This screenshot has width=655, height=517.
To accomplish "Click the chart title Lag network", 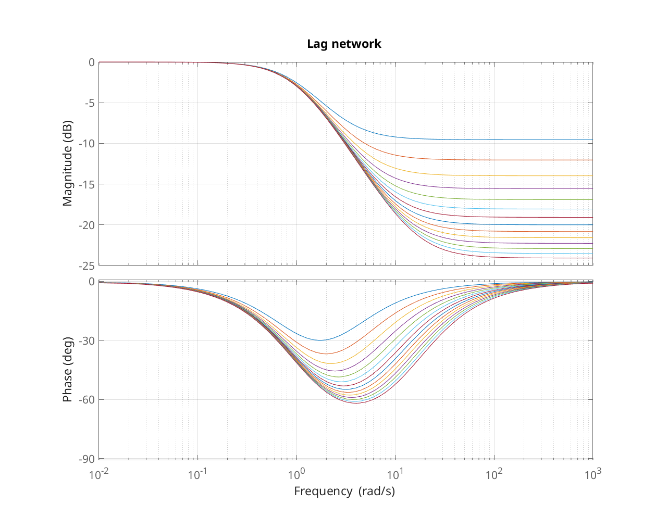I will [x=344, y=44].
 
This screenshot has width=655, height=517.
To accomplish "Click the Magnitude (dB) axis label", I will [x=68, y=163].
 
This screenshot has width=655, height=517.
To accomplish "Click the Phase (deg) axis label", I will [x=68, y=370].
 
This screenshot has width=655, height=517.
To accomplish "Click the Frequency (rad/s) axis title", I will [x=344, y=491].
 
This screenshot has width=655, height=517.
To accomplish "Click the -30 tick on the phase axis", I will [x=86, y=341].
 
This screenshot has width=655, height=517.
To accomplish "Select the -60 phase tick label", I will [x=86, y=400].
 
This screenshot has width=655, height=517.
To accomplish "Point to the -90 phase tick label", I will [x=86, y=459].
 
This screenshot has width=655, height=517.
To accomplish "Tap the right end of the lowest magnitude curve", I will [x=592, y=258].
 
